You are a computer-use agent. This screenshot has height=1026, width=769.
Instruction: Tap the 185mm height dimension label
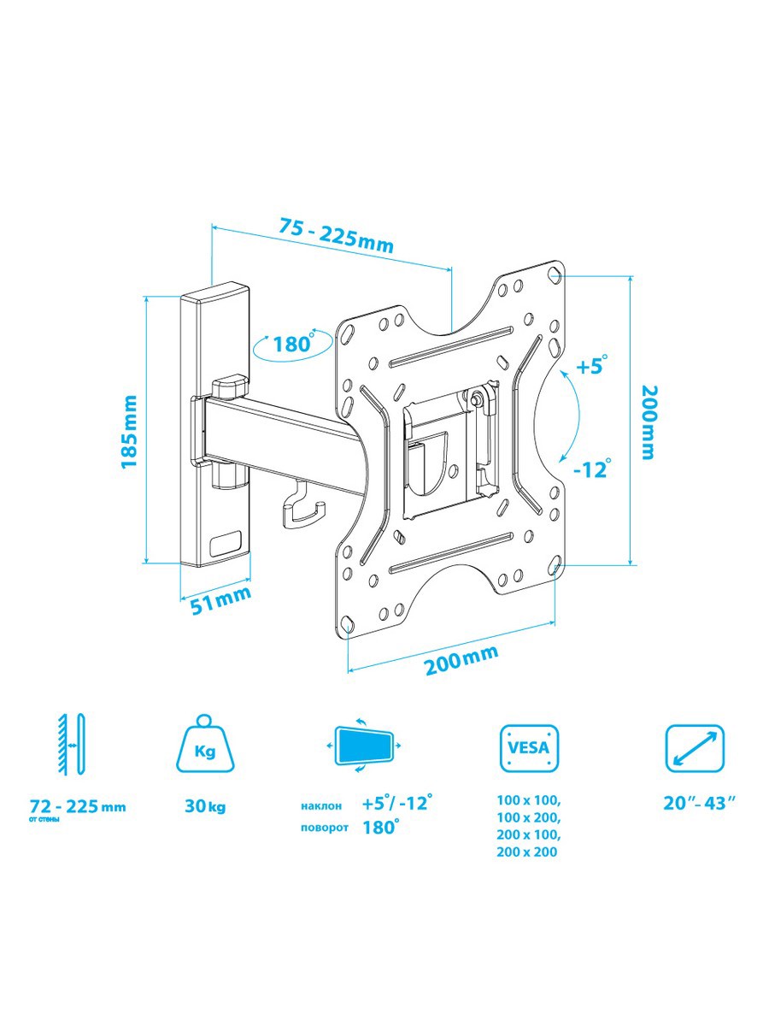[128, 432]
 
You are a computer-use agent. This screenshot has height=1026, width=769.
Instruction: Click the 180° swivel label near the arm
[294, 344]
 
